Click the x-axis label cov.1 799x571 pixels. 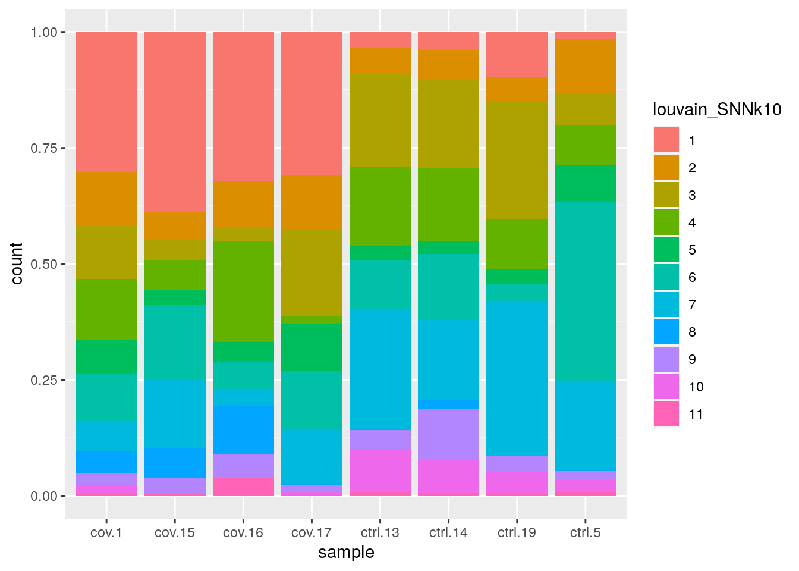click(x=106, y=532)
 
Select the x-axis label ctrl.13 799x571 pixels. click(x=380, y=532)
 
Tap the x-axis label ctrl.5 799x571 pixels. click(x=585, y=532)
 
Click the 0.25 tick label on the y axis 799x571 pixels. click(x=44, y=380)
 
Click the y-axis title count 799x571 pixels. click(x=17, y=263)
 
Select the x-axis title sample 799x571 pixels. click(x=346, y=553)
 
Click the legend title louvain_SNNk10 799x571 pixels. click(x=717, y=109)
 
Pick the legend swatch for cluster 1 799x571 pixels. click(x=666, y=140)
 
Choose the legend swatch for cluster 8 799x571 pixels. click(x=666, y=332)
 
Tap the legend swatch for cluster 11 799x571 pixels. click(x=666, y=414)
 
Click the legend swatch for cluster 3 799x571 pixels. click(x=666, y=195)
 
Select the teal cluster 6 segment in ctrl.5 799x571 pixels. click(x=585, y=291)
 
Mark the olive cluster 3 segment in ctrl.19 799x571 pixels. click(x=517, y=161)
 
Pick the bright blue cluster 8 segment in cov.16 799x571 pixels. click(x=243, y=430)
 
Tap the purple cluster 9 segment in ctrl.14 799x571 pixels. click(x=448, y=434)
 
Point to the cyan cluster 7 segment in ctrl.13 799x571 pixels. click(x=380, y=369)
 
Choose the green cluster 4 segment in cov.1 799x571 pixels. click(x=106, y=309)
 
